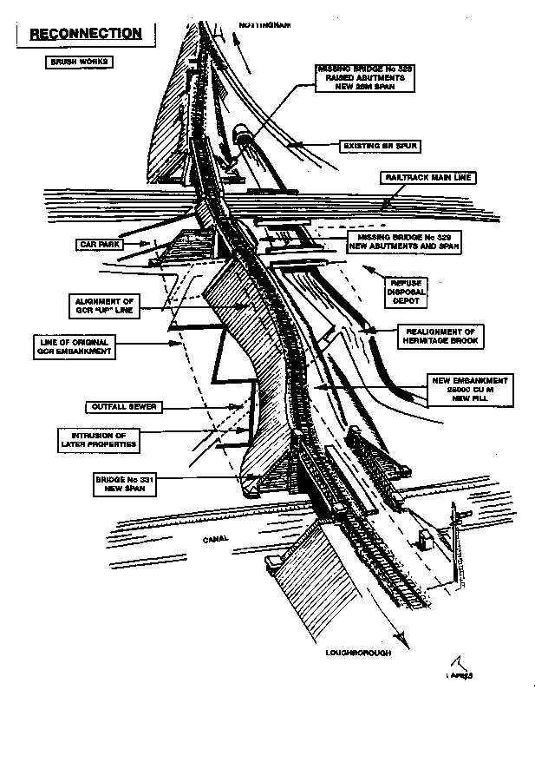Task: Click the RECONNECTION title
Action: [x=86, y=34]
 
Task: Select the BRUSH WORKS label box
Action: [x=81, y=62]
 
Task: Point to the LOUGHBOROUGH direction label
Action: [x=358, y=652]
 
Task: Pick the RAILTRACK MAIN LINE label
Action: [x=429, y=177]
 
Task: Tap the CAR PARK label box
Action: [x=100, y=245]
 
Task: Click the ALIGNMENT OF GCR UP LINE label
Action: [x=106, y=306]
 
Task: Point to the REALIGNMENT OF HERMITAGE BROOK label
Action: [x=440, y=336]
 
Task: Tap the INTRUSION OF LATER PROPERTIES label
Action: [x=98, y=438]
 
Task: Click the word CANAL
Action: [x=216, y=539]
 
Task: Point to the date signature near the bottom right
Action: [x=458, y=673]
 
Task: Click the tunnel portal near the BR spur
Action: [x=243, y=135]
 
